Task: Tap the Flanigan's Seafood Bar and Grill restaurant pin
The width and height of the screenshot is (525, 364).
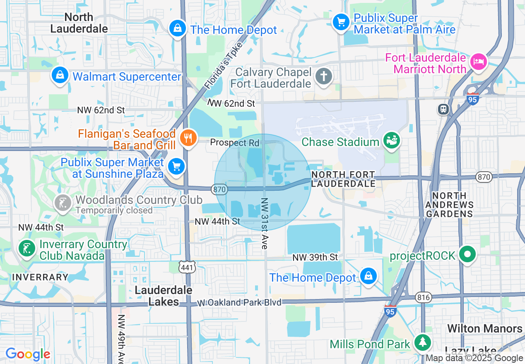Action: (x=188, y=139)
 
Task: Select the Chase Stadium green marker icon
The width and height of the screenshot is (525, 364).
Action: (x=390, y=141)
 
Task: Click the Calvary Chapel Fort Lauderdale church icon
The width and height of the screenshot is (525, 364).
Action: (x=324, y=77)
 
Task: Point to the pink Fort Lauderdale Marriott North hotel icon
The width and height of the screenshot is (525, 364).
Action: (x=479, y=62)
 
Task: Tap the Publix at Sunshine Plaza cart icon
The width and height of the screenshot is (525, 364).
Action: (x=177, y=167)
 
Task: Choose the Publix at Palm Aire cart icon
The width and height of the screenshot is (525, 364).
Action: (x=341, y=22)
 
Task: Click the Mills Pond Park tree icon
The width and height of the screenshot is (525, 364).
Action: (x=422, y=342)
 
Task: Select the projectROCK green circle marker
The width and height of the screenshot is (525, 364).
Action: (x=467, y=254)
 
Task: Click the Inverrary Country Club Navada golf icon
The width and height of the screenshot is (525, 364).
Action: (x=27, y=249)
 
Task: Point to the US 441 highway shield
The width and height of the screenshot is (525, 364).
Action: (x=187, y=268)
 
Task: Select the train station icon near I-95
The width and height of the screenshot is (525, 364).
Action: (x=443, y=109)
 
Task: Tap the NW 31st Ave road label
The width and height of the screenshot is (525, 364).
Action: (x=264, y=223)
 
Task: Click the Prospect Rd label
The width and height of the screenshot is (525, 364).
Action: (x=234, y=143)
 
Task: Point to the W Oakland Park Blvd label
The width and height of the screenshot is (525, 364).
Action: (x=239, y=303)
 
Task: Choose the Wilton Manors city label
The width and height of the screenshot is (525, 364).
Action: (x=485, y=329)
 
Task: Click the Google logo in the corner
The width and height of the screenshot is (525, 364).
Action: (x=28, y=354)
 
